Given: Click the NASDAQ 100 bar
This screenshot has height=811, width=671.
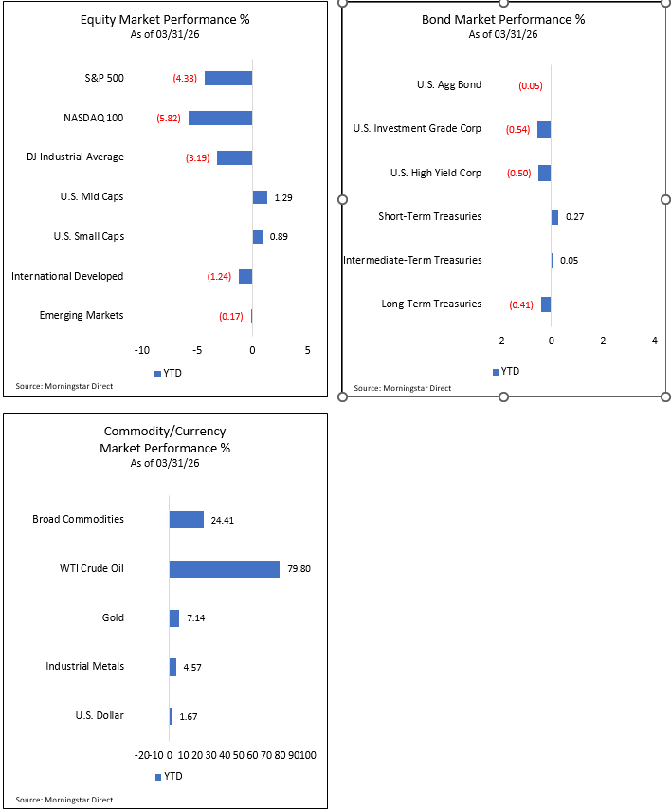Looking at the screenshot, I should [x=220, y=118].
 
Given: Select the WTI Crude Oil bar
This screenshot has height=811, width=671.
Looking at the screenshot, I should [x=225, y=569].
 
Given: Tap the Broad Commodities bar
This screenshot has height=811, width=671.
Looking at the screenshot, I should [x=187, y=520].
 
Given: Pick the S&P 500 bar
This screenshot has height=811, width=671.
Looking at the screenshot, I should [x=228, y=78].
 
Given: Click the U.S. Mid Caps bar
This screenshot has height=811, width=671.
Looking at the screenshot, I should [x=260, y=197].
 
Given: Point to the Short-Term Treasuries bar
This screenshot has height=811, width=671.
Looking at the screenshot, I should [x=554, y=216].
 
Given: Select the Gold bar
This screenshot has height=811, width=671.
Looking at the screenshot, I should [x=174, y=618].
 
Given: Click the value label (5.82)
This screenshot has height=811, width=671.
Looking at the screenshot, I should [x=170, y=118].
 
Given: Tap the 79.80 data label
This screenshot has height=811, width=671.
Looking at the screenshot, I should [x=300, y=569].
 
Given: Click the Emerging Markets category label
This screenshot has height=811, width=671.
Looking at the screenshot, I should [x=82, y=315].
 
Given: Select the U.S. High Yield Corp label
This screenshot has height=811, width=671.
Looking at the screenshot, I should [x=436, y=173].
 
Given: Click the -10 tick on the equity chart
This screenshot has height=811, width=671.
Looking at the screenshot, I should [x=142, y=350].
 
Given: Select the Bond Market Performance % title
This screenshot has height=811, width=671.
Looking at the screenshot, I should [x=503, y=19].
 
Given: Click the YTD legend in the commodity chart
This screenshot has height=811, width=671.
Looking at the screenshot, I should [x=169, y=776].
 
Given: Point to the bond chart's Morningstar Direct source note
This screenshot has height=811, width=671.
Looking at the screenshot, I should [x=403, y=388].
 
